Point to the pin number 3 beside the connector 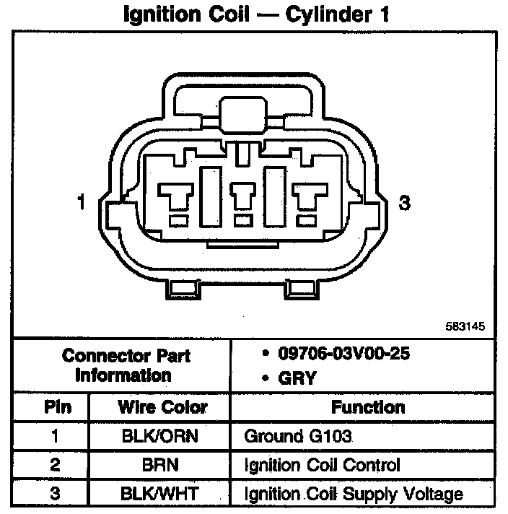click(x=405, y=204)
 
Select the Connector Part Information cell click(x=126, y=365)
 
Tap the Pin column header click(x=57, y=406)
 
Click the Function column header click(x=368, y=406)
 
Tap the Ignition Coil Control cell click(x=322, y=465)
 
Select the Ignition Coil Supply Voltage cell click(x=354, y=495)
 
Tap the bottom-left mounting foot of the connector click(x=183, y=289)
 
